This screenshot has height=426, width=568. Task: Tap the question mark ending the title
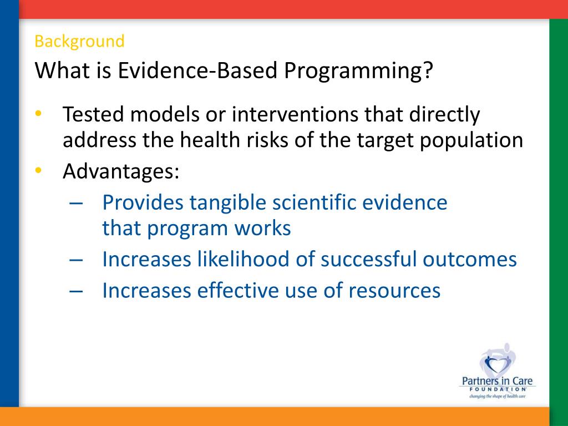428,70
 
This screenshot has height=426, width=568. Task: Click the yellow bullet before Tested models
38,113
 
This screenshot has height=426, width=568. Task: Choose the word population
471,140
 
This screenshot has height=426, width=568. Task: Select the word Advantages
121,171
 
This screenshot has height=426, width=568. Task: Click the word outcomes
469,260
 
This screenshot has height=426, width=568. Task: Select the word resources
394,291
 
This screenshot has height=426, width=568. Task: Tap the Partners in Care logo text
497,381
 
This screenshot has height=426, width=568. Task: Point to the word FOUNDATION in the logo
498,389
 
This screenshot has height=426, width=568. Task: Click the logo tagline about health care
497,396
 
